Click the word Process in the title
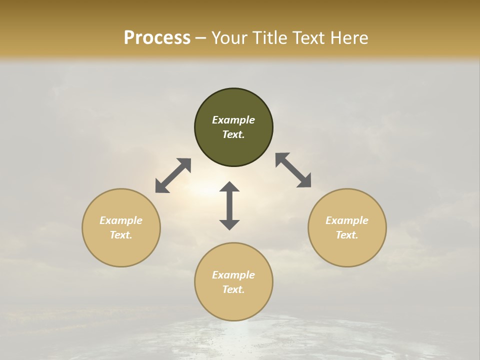click(157, 38)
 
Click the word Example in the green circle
click(233, 120)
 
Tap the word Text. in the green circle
click(233, 134)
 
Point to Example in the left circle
click(121, 220)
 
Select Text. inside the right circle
click(347, 235)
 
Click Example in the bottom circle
click(233, 275)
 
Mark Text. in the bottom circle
click(233, 289)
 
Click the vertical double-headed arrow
click(229, 205)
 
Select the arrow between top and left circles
click(173, 175)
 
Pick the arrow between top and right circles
click(293, 170)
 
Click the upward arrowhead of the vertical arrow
click(229, 187)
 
